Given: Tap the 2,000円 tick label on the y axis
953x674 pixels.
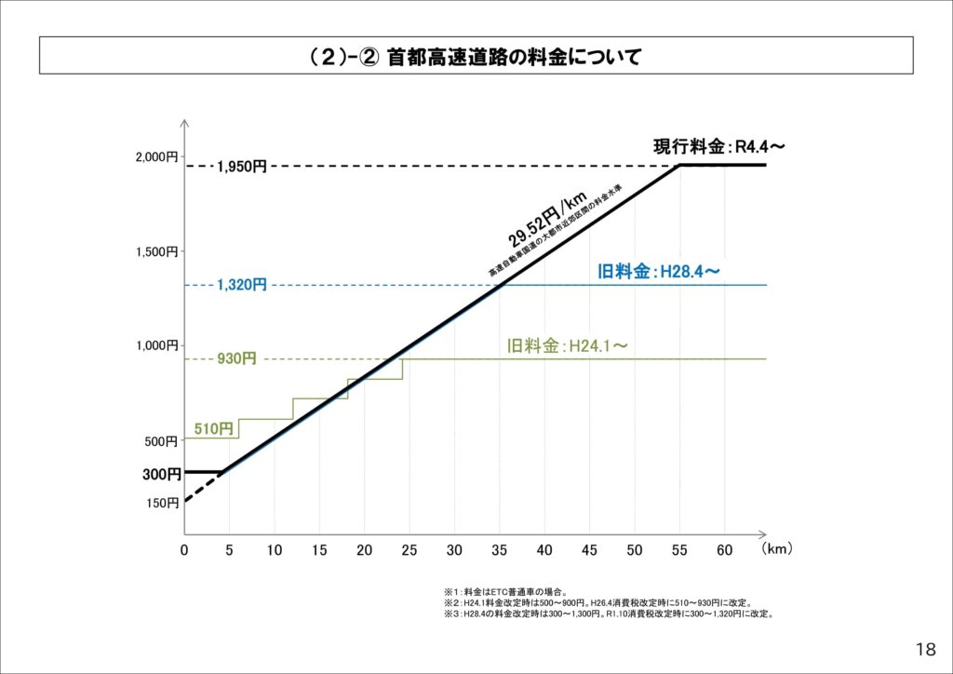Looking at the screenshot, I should pos(156,157).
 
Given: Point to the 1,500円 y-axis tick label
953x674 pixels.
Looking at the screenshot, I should pos(156,251).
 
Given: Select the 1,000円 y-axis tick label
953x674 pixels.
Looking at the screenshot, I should pos(156,345).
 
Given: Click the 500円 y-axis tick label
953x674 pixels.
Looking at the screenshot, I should pos(161,441).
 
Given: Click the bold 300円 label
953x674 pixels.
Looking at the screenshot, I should pos(161,475).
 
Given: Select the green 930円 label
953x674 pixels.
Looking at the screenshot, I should pos(236,359).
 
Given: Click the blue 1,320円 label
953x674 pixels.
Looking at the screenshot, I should pos(242,285).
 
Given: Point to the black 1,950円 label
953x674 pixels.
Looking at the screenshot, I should pos(242,167).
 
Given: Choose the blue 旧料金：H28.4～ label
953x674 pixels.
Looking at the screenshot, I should pos(659,272).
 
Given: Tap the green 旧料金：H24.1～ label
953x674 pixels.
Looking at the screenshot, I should pos(567,345).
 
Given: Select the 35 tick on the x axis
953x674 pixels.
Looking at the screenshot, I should pos(499,550).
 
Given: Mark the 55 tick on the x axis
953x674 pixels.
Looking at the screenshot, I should pos(679,550).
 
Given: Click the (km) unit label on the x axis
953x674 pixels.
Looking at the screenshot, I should pos(776,549).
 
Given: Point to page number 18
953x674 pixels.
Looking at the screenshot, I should pos(925,649).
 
